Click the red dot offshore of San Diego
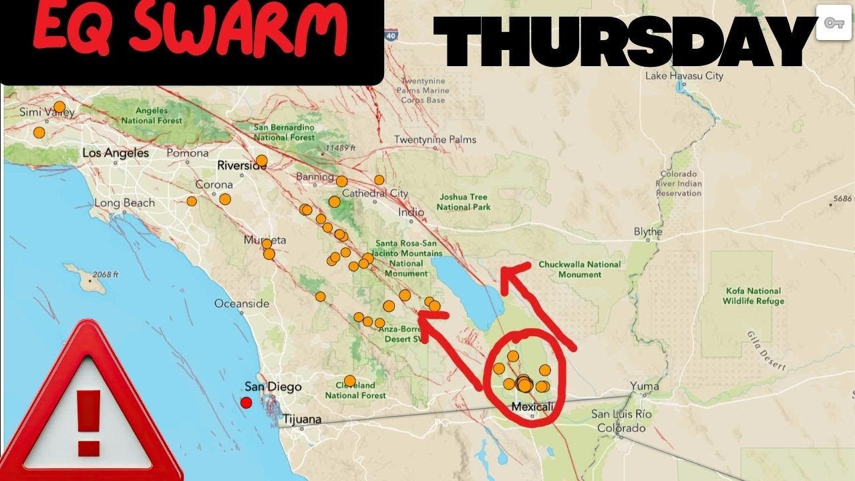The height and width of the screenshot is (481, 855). (x=246, y=402)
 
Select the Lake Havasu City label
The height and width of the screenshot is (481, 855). (x=684, y=76)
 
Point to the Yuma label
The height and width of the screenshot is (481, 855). (x=644, y=386)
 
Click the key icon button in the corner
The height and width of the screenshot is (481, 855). (x=833, y=23)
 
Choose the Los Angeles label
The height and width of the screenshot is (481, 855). (x=116, y=154)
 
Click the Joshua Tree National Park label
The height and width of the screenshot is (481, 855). (x=463, y=202)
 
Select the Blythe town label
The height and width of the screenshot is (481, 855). (x=648, y=232)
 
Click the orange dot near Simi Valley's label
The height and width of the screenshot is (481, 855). (x=59, y=107)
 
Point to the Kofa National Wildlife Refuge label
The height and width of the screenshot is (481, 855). (x=753, y=296)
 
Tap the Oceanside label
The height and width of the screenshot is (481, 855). (x=242, y=304)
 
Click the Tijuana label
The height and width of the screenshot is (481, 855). (x=302, y=420)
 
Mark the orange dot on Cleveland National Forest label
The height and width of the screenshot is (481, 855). (x=349, y=381)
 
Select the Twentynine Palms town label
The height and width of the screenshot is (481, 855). (x=436, y=140)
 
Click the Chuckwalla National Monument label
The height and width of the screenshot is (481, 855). (x=580, y=269)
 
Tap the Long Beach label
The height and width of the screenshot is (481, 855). (x=124, y=203)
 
